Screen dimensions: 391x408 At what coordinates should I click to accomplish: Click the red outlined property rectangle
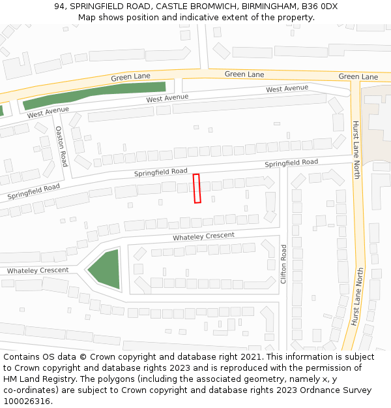pos(197,189)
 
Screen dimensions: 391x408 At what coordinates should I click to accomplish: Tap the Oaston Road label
pos(61,146)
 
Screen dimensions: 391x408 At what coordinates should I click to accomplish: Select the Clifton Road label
pos(283,264)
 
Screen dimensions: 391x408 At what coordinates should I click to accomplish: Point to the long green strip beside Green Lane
pos(94,94)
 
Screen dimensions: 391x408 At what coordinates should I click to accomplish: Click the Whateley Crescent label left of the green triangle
pos(38,270)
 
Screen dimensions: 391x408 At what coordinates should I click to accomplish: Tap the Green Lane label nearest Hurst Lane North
pos(358,76)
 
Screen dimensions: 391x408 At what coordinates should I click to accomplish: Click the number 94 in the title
pos(60,7)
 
